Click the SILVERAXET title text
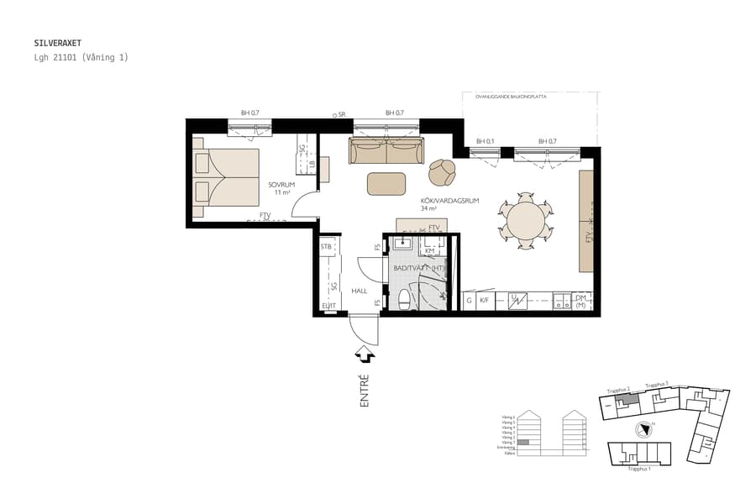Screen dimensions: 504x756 pyautogui.click(x=58, y=42)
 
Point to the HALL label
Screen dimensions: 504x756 pyautogui.click(x=360, y=291)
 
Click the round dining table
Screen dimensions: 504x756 pyautogui.click(x=525, y=222)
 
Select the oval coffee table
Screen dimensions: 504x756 pyautogui.click(x=386, y=183)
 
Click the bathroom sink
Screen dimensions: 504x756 pyautogui.click(x=402, y=244)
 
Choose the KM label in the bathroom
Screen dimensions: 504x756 pyautogui.click(x=429, y=250)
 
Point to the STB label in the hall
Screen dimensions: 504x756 pyautogui.click(x=326, y=247)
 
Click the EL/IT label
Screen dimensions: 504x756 pyautogui.click(x=328, y=306)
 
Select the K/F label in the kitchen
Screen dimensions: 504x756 pyautogui.click(x=484, y=299)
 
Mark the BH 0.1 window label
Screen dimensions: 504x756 pyautogui.click(x=485, y=141)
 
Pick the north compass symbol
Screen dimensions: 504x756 pyautogui.click(x=644, y=429)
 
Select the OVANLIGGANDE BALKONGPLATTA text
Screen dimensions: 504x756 pyautogui.click(x=511, y=97)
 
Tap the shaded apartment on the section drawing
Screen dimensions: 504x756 pyautogui.click(x=523, y=442)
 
